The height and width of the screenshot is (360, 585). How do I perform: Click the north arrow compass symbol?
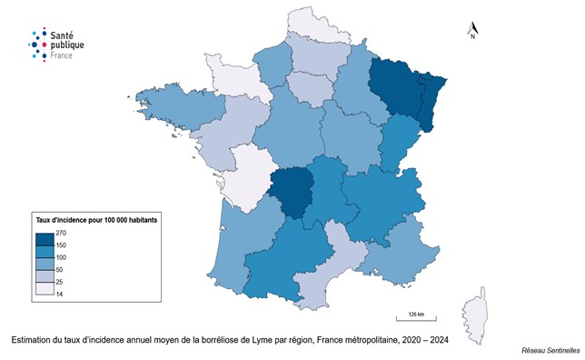click(472, 32)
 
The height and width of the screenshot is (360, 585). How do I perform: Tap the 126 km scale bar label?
click(417, 313)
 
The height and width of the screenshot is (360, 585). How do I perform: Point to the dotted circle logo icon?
click(35, 43)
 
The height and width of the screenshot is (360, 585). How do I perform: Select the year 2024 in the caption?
click(439, 340)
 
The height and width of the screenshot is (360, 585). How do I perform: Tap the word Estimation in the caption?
click(33, 340)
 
